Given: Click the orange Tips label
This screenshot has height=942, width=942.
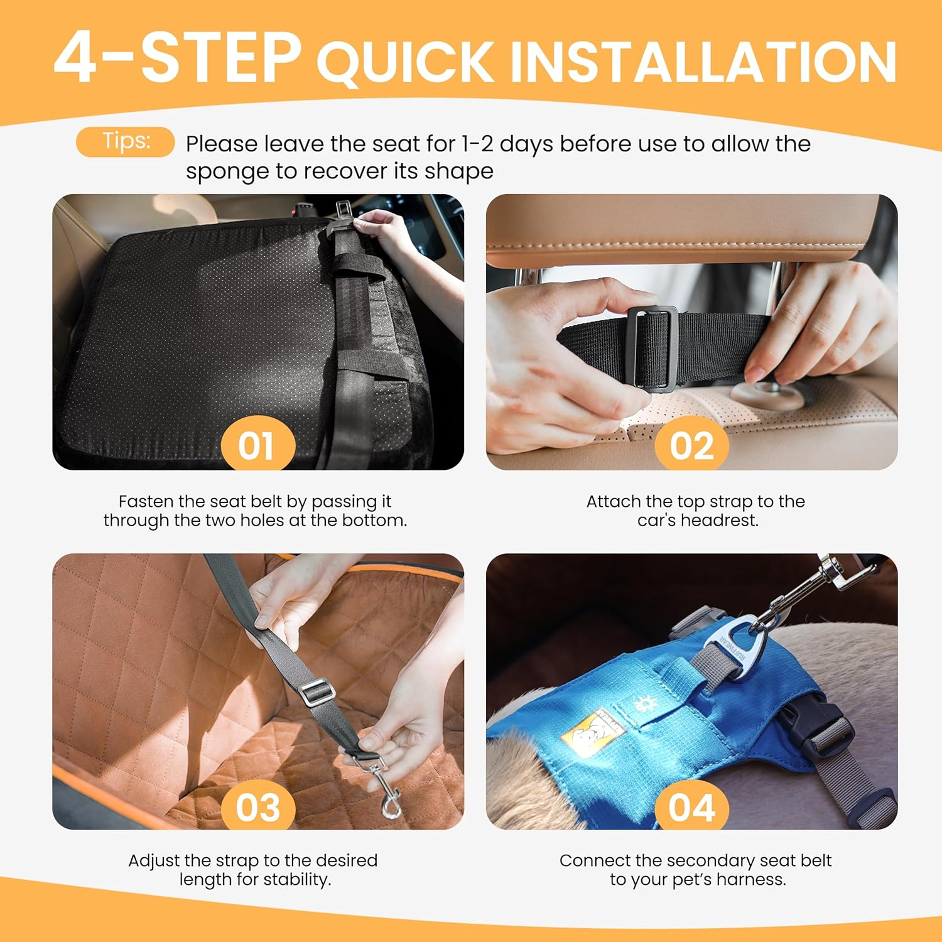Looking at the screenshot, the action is tap(125, 141).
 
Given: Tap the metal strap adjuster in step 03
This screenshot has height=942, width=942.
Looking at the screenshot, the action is tap(317, 693).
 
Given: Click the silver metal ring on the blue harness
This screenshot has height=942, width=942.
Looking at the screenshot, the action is tap(735, 647).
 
